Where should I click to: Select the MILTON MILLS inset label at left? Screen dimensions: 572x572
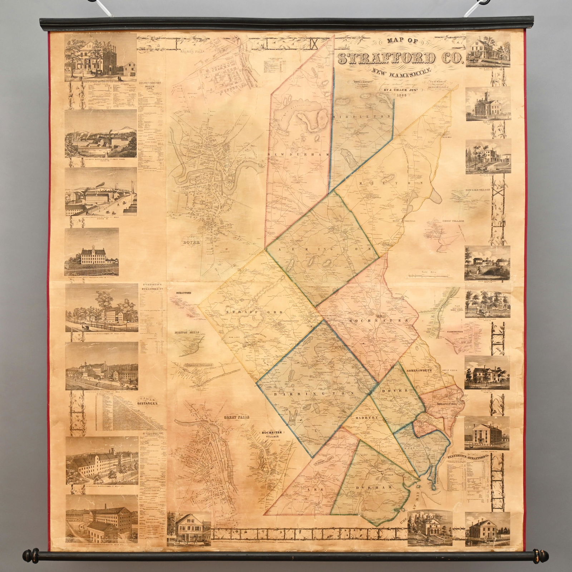[x=187, y=332]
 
